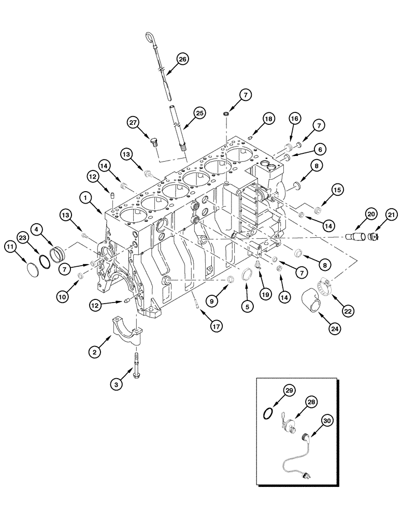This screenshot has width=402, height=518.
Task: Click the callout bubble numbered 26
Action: [182, 60]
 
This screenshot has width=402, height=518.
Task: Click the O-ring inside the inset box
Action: [268, 413]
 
